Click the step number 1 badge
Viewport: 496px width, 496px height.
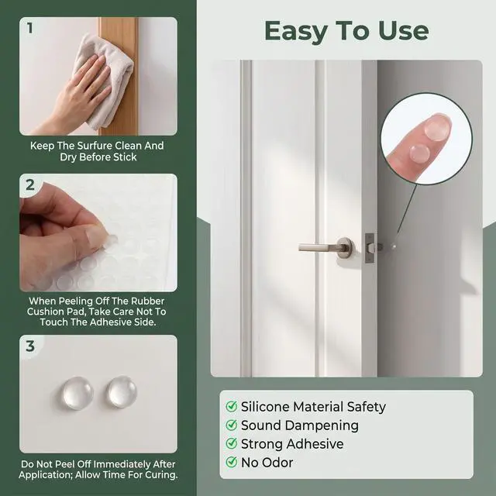pos(29,28)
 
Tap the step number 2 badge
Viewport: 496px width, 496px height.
pos(30,184)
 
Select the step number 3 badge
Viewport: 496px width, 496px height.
pos(30,346)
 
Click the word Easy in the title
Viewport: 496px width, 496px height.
pos(296,32)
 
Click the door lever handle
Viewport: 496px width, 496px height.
pos(325,246)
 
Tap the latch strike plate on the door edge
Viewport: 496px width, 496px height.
pos(370,248)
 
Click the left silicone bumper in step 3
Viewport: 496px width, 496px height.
pos(77,393)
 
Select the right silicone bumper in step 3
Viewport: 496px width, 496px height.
pos(122,392)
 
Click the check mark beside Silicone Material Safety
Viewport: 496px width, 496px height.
pos(232,406)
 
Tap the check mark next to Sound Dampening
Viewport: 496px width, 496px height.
pos(232,425)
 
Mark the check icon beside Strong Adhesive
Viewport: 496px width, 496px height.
pos(232,443)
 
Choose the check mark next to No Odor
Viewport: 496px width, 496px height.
pos(232,462)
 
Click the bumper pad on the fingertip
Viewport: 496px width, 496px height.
pos(437,127)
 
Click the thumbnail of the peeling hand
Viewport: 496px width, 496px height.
pos(98,232)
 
